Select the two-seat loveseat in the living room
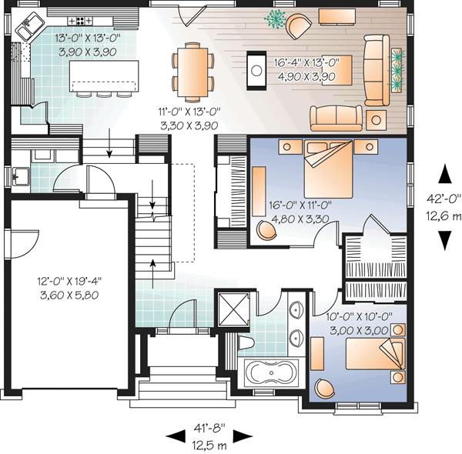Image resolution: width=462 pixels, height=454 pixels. point(336,116)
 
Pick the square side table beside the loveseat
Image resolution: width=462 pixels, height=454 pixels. point(377,119)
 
